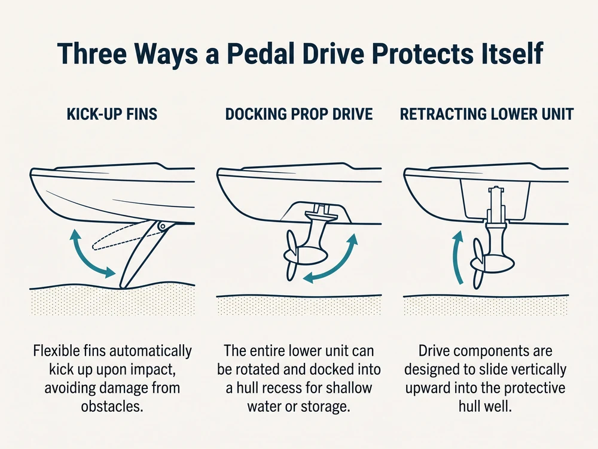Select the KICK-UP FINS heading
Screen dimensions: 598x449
(x=112, y=114)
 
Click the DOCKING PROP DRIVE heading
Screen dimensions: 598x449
(x=299, y=114)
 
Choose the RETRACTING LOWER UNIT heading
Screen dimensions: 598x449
(x=487, y=114)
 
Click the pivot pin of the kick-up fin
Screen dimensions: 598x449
(x=163, y=226)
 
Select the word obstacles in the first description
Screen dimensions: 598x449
(x=112, y=406)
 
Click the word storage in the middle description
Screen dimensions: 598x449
(x=325, y=406)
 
